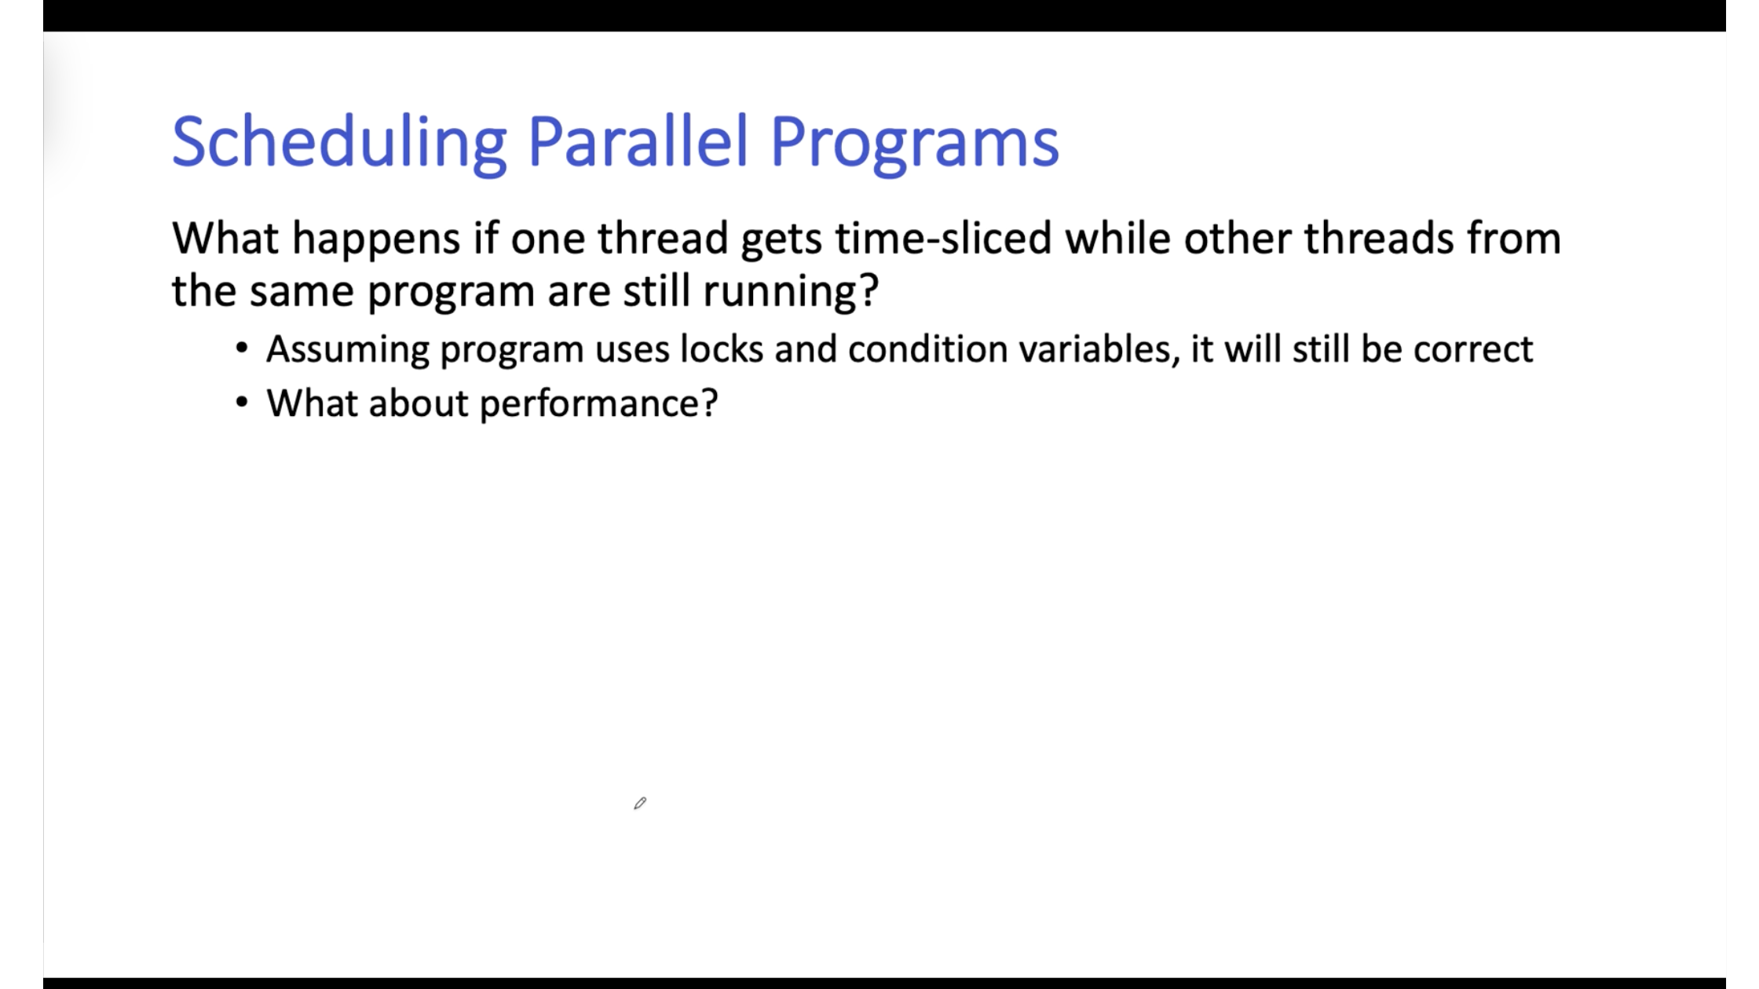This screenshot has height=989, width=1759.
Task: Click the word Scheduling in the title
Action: coord(339,143)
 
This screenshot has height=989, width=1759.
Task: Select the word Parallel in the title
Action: coord(638,141)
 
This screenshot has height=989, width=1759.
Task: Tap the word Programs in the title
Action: coord(914,144)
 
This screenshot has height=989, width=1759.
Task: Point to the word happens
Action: coord(376,240)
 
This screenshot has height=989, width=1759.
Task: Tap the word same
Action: coord(302,293)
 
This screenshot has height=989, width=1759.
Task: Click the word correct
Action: coord(1472,349)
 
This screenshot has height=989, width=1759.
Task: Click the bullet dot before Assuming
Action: coord(242,349)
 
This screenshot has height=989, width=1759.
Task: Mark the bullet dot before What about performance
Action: coord(242,403)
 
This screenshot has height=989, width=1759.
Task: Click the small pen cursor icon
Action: coord(640,803)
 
